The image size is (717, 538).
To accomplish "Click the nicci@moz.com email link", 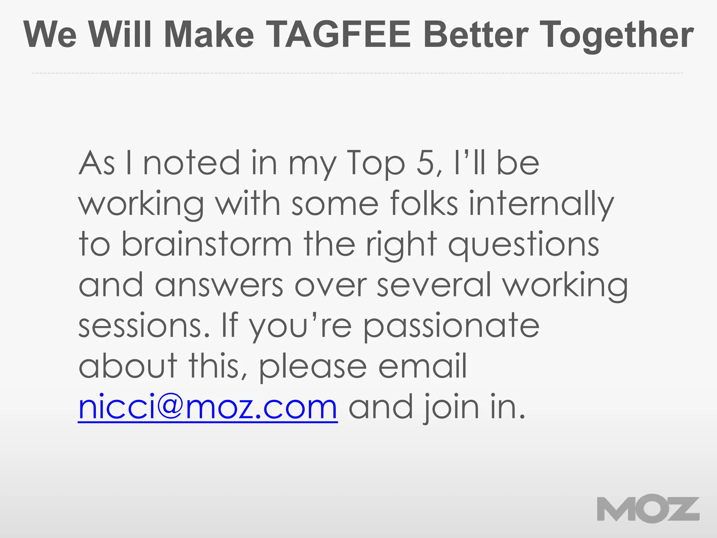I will [208, 407].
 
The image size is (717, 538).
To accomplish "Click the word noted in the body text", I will [192, 163].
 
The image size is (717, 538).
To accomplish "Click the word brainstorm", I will [207, 244].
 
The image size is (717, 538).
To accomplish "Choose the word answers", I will [219, 285].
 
